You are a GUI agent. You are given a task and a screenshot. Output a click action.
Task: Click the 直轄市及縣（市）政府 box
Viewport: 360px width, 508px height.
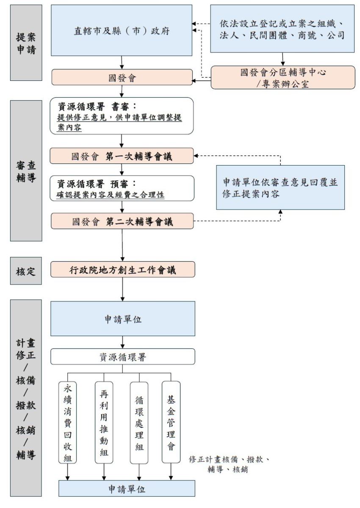click(122, 30)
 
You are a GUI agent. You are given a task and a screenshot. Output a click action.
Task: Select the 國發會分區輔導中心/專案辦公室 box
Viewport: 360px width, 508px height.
click(282, 77)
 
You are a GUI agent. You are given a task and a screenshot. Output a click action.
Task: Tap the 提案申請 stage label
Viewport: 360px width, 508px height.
click(26, 42)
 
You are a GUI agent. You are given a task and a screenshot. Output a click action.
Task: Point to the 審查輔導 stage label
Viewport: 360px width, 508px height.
click(26, 171)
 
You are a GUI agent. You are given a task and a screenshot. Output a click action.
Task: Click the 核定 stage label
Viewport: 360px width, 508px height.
click(26, 270)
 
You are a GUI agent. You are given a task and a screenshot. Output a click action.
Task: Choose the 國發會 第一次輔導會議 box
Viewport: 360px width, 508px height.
click(122, 156)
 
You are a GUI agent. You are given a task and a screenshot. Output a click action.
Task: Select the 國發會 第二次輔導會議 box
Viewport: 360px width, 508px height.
click(122, 221)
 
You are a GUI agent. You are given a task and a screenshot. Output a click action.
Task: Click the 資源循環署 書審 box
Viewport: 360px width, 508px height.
click(122, 116)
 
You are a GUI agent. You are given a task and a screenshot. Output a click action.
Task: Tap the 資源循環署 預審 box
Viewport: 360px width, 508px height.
click(122, 188)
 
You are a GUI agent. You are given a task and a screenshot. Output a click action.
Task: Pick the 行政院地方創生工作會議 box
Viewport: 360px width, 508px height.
click(122, 269)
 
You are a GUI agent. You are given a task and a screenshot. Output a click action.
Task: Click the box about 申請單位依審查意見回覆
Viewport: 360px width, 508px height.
click(280, 187)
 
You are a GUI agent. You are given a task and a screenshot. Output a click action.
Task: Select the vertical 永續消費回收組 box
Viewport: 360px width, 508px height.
click(68, 422)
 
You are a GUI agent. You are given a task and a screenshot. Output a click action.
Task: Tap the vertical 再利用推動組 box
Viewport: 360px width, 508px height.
click(104, 422)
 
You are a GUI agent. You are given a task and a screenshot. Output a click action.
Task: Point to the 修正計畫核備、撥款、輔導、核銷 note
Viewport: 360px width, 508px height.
click(229, 464)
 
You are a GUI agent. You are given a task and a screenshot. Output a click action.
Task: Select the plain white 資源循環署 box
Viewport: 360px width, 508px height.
click(122, 357)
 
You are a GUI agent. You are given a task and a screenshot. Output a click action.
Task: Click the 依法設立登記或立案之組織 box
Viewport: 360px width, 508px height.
click(282, 29)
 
